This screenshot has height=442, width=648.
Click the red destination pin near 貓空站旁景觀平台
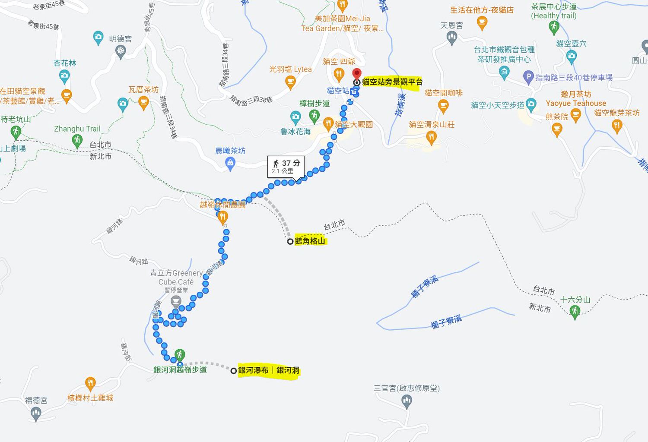356,73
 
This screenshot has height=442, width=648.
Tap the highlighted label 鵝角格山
310,241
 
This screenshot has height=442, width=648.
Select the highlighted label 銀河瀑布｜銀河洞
268,370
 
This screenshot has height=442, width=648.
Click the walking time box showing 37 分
286,166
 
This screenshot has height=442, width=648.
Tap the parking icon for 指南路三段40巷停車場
528,77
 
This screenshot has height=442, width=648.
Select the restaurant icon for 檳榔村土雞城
90,383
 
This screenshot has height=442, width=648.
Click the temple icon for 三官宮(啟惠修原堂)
407,401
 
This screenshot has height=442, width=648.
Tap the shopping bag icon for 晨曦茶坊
231,163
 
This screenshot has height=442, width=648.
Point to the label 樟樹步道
314,104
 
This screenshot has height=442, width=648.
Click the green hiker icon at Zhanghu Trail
77,140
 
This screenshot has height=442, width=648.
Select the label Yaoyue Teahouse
576,103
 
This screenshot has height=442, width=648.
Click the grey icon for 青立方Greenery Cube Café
176,300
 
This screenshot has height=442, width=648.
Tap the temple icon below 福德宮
36,414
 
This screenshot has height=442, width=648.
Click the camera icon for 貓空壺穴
571,56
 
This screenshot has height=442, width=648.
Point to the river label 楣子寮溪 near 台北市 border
425,287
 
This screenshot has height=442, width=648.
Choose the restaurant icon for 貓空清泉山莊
431,137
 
